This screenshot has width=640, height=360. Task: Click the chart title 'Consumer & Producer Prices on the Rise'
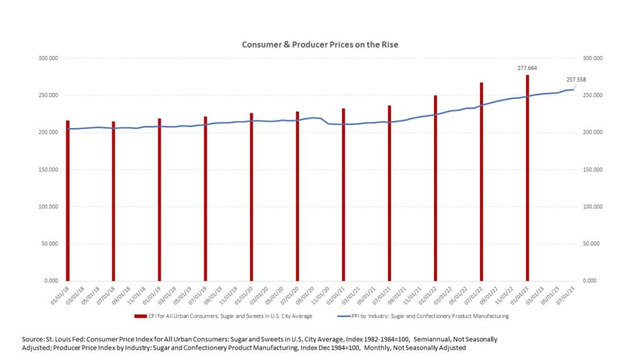point(320,45)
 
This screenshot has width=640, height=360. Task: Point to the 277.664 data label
point(527,68)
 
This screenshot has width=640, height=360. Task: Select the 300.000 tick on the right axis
point(592,59)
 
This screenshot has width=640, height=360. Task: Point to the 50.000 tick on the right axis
point(591,244)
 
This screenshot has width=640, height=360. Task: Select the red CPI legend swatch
point(140,316)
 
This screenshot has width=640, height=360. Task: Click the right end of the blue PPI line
point(573,90)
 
